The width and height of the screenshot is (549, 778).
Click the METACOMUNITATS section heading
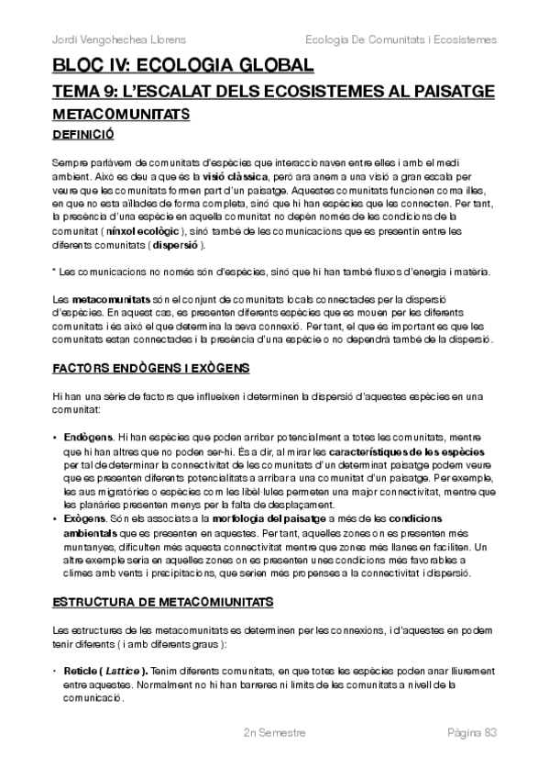(x=121, y=115)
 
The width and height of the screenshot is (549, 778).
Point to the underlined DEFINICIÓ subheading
(x=83, y=134)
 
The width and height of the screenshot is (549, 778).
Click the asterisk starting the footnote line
(x=55, y=272)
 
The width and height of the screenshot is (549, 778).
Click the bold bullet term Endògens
(x=89, y=434)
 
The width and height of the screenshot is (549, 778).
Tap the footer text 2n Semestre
(x=274, y=734)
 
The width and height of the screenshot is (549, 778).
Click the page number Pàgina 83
(x=471, y=734)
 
